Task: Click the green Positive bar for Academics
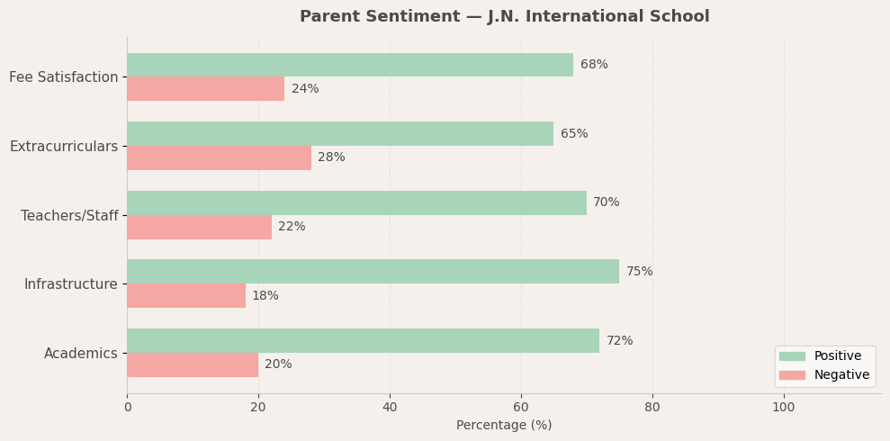(363, 340)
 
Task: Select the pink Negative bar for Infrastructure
(186, 296)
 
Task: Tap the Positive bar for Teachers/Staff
(356, 202)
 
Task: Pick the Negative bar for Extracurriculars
(219, 157)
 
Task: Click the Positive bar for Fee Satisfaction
(350, 65)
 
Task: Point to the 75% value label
(639, 272)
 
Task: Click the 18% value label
(265, 296)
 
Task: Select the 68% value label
(594, 65)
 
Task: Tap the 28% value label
(331, 157)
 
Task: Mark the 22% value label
(292, 227)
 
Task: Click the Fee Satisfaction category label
(64, 77)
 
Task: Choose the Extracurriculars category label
(64, 147)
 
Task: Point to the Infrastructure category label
(71, 284)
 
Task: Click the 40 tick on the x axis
(390, 408)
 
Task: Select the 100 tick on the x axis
(784, 408)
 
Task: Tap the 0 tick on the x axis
(127, 408)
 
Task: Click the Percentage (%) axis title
(504, 426)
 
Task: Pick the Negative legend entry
(841, 375)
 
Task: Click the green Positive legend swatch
(792, 356)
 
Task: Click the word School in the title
(680, 17)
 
